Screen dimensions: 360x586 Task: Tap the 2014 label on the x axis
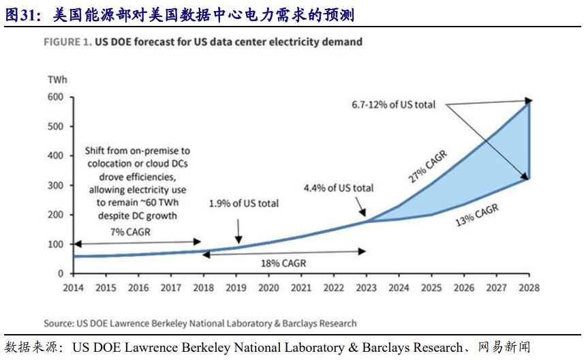pos(74,288)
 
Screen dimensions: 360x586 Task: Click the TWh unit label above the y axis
pos(57,80)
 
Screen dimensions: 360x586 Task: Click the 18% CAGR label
pos(282,262)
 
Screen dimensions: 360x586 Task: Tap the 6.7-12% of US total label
pos(393,105)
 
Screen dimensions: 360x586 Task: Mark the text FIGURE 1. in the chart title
pos(67,42)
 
